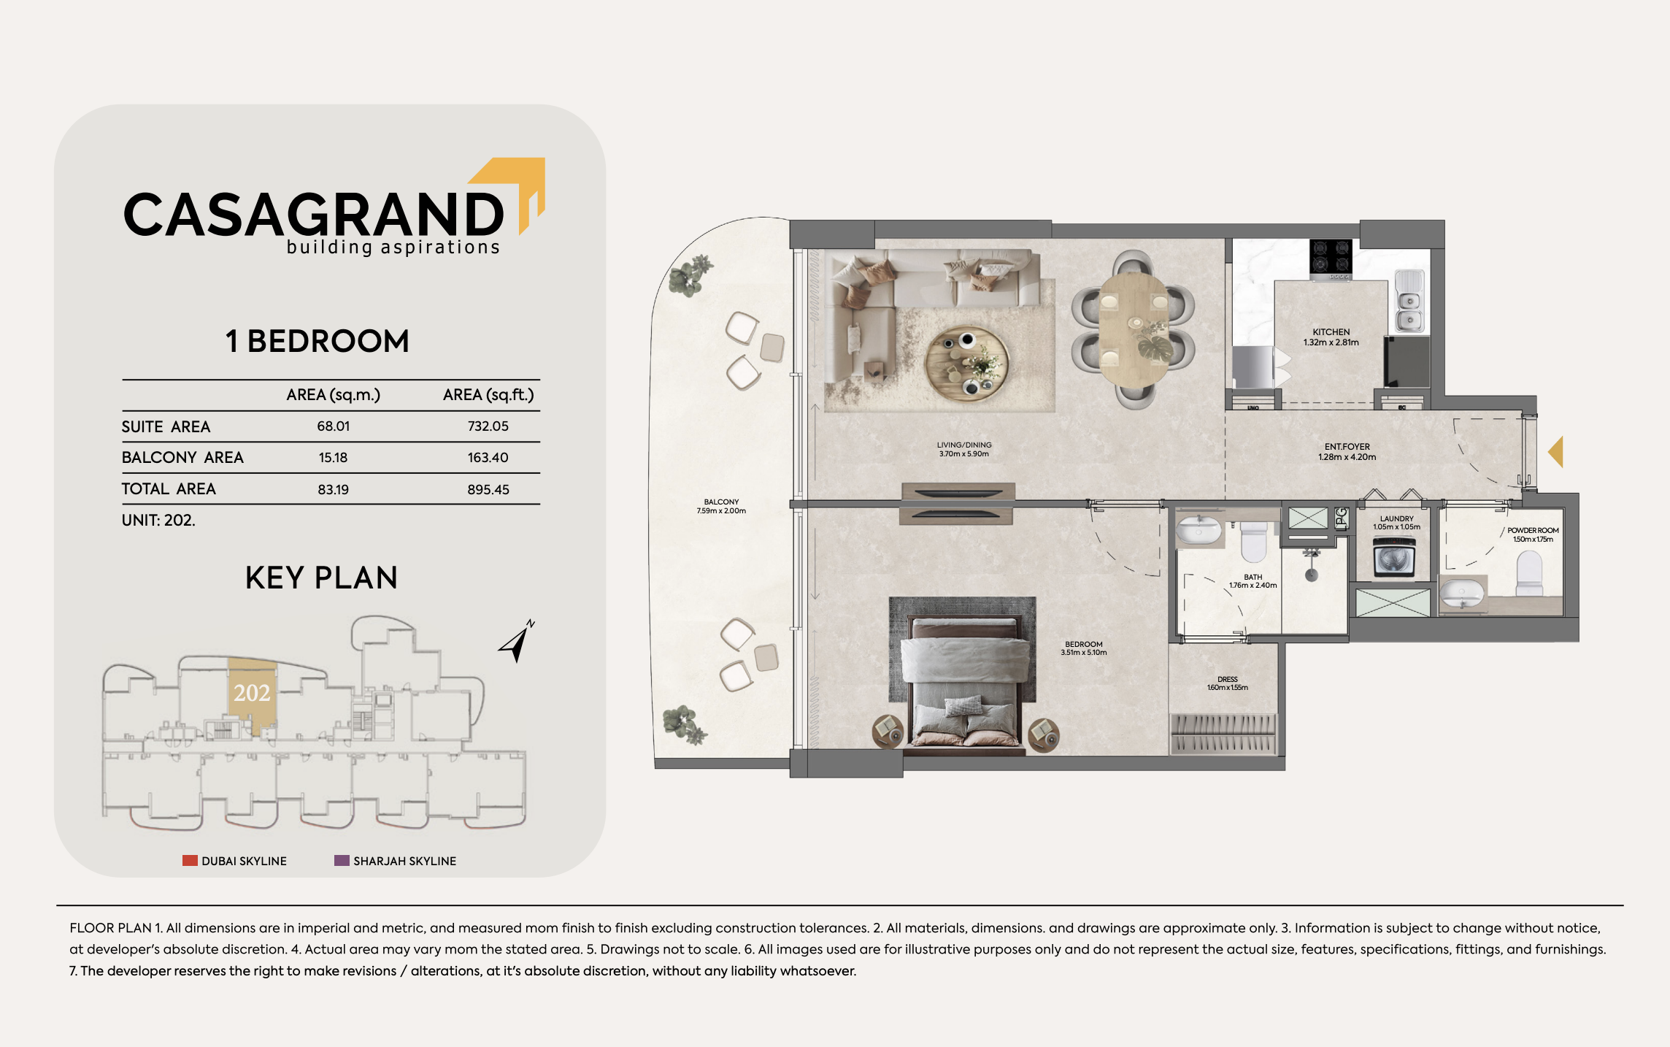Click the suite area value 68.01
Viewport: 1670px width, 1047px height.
tap(334, 426)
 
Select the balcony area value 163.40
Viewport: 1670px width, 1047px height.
tap(488, 458)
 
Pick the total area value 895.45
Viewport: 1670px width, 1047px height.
tap(488, 489)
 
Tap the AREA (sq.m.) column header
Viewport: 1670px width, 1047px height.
tap(334, 395)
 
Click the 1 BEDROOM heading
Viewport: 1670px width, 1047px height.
tap(318, 341)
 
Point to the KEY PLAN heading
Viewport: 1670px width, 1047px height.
tap(321, 578)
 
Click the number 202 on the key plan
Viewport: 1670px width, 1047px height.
tap(252, 692)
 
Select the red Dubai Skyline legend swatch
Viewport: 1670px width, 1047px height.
tap(190, 860)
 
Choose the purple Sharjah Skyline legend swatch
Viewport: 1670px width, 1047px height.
tap(342, 860)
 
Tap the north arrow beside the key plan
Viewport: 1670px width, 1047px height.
tap(517, 641)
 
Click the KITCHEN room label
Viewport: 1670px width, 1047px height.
tap(1331, 331)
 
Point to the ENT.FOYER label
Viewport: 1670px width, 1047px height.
tap(1347, 447)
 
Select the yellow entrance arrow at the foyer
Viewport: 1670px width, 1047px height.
tap(1556, 452)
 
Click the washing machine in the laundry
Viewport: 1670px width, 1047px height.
tap(1394, 558)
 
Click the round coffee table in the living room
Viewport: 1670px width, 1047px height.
tap(967, 364)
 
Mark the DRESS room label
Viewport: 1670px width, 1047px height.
tap(1228, 679)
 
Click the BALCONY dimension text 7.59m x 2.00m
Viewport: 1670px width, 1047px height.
tap(721, 511)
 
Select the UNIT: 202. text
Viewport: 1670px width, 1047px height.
tap(158, 521)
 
